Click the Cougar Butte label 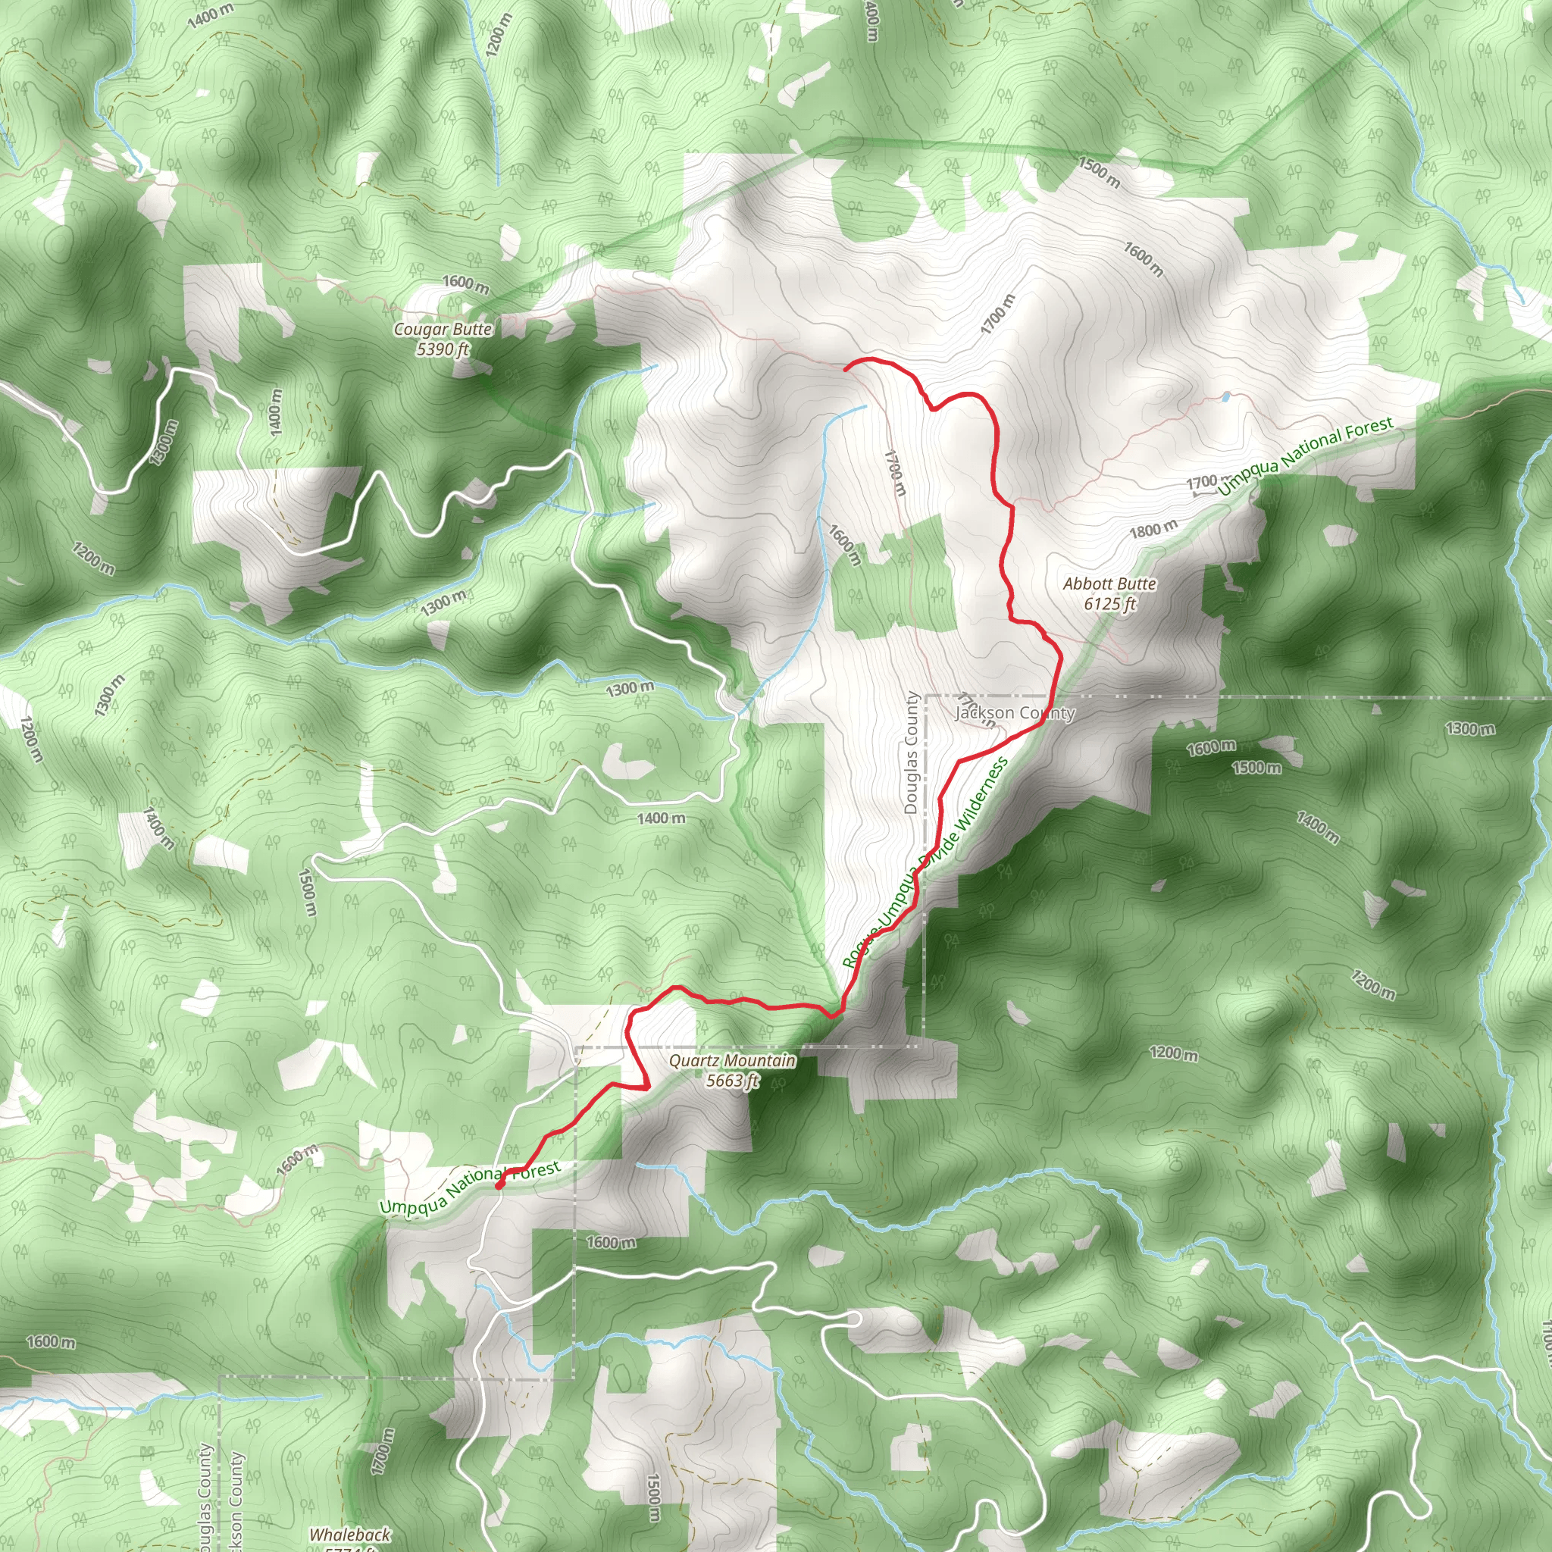click(x=443, y=330)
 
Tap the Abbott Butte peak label click(x=1109, y=584)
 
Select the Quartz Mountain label click(x=732, y=1061)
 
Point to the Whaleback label click(x=349, y=1535)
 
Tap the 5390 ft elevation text click(x=443, y=349)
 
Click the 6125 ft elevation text click(x=1109, y=604)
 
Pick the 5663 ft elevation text click(x=732, y=1081)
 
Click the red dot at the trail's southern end click(x=499, y=1185)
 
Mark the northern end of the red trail click(x=846, y=367)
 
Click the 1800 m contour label click(x=1153, y=530)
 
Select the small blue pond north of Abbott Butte click(x=1226, y=396)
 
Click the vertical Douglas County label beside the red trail click(x=911, y=753)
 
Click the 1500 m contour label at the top click(x=1098, y=171)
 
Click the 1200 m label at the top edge click(x=498, y=34)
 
